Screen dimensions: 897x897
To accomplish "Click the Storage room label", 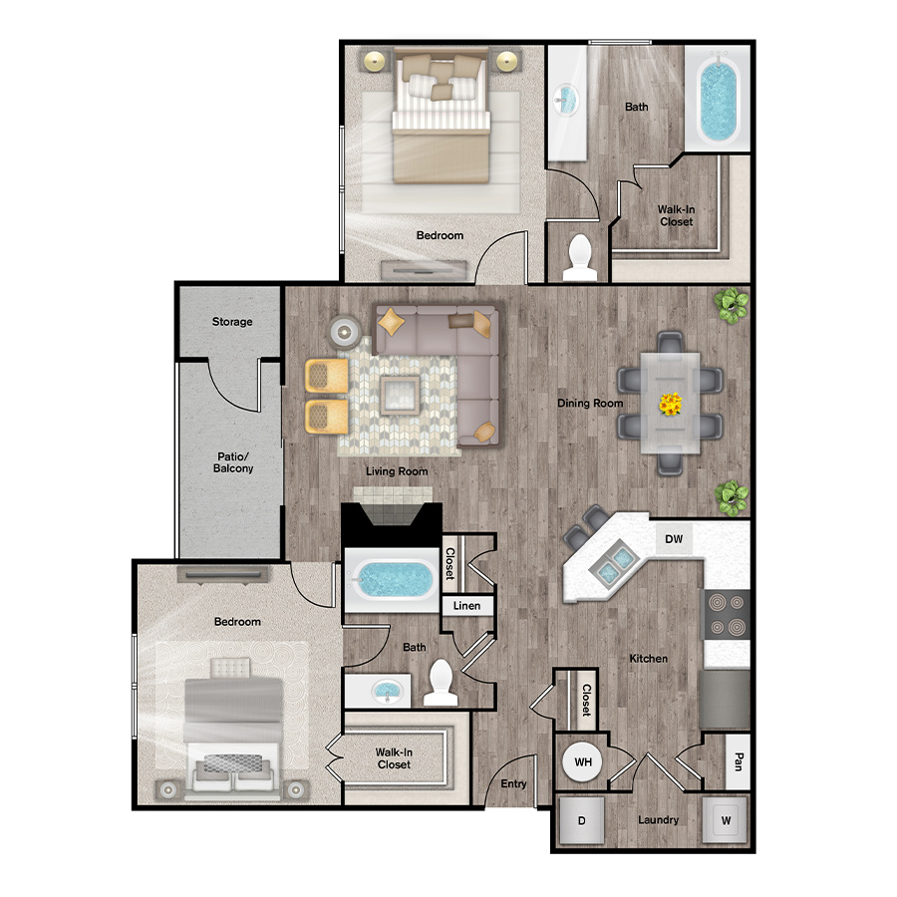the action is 232,322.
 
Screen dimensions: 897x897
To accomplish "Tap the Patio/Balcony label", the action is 233,462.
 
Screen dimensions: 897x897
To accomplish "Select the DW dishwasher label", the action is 674,539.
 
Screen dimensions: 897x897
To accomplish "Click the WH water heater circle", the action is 583,762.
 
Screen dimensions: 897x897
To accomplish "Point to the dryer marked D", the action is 581,820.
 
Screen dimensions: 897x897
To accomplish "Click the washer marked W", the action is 726,820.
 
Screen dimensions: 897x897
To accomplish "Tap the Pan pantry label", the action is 738,761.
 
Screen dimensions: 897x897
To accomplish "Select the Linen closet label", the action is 466,605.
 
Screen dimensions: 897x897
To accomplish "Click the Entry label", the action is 513,783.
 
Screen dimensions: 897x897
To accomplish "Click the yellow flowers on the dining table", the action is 670,404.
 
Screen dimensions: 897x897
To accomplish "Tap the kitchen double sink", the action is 611,562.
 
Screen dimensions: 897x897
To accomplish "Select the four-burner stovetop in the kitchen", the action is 727,616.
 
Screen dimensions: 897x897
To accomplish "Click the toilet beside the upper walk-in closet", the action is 580,257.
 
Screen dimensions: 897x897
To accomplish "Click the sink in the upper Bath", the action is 566,100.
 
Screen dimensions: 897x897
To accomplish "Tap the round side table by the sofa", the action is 345,332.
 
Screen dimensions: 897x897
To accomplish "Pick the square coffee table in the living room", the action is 401,395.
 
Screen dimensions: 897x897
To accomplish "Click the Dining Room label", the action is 590,404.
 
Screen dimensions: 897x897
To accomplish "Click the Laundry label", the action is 658,820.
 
